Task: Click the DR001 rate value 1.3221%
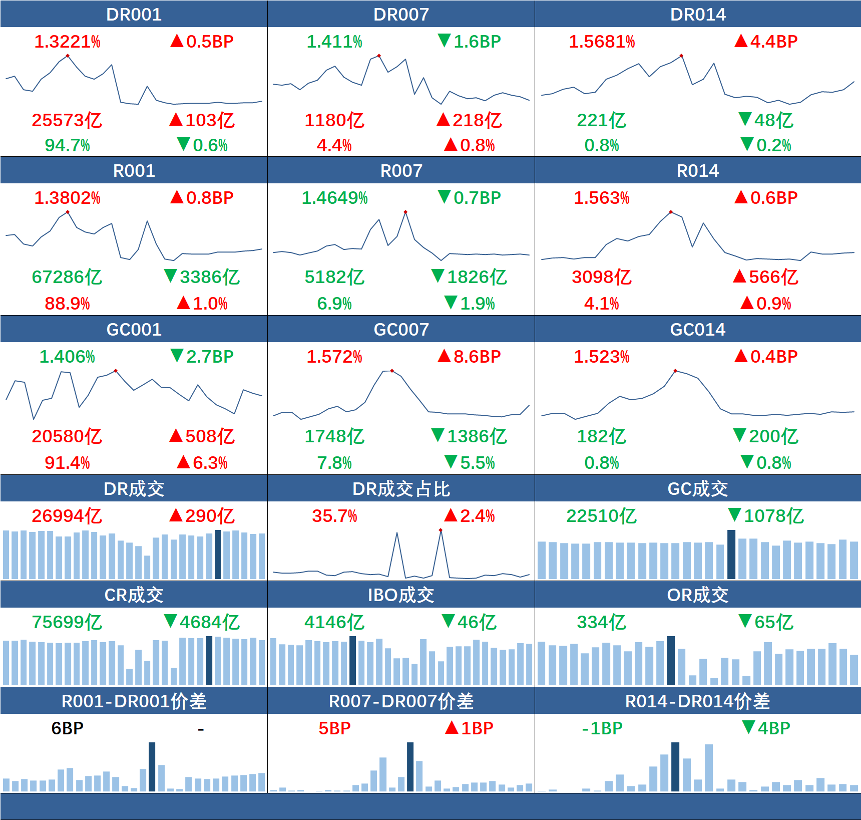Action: coord(67,42)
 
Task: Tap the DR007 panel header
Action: coord(401,14)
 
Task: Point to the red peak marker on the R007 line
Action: coord(405,212)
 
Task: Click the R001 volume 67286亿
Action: coord(67,277)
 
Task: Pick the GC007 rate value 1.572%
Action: coord(334,357)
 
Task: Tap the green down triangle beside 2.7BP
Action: coord(177,356)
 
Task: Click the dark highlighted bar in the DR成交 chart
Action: coord(218,554)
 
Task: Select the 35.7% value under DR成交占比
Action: coord(334,516)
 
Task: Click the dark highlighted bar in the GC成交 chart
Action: coord(731,554)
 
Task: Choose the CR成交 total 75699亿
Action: coord(67,622)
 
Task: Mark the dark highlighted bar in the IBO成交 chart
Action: coord(352,660)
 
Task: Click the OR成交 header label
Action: coord(697,595)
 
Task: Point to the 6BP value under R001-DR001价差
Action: coord(67,728)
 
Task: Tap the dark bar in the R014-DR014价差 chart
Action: coord(675,766)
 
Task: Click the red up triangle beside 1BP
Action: coord(452,727)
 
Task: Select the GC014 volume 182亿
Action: coord(601,436)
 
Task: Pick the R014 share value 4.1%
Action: coord(601,304)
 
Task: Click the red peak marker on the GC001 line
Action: coord(116,371)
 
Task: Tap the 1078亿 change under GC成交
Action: coord(773,516)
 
